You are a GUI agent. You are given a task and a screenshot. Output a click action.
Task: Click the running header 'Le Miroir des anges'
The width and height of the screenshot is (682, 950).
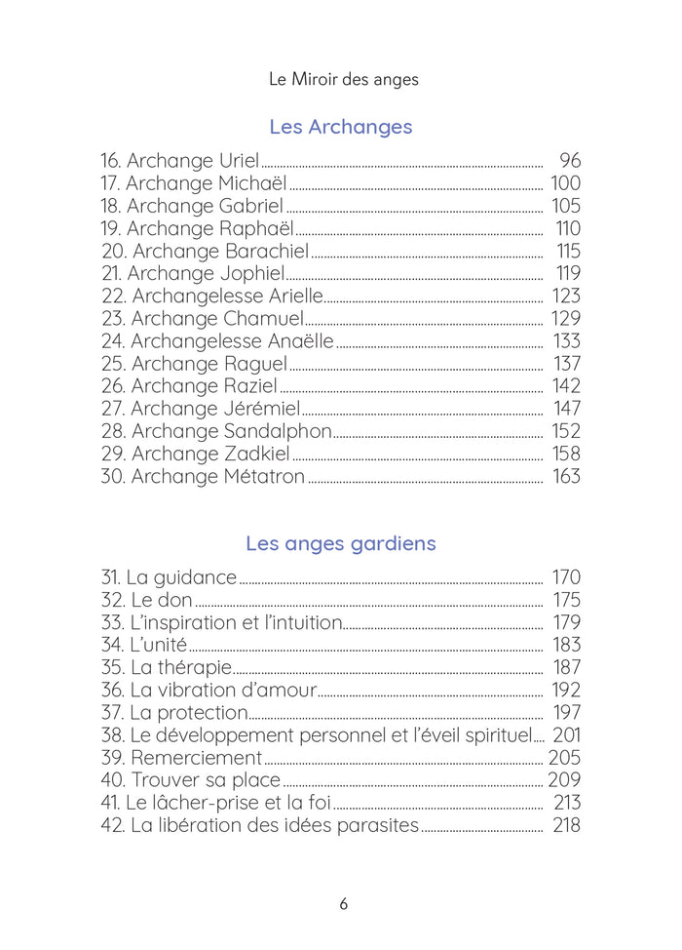click(343, 79)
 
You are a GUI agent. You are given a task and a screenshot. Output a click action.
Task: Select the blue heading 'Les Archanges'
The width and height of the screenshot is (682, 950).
click(340, 127)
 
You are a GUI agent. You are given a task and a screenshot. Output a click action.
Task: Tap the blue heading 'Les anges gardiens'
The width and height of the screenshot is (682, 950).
click(340, 543)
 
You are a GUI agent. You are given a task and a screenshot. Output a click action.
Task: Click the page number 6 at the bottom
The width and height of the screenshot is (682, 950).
click(343, 903)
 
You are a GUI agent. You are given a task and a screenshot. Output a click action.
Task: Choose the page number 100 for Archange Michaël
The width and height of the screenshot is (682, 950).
click(565, 183)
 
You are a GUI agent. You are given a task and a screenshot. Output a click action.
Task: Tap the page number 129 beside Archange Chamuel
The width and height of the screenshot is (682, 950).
click(565, 318)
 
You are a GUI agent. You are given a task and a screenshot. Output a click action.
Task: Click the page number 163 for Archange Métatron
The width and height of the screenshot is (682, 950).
click(565, 476)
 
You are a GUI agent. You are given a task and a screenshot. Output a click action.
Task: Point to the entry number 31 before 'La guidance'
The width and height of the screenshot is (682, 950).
click(110, 577)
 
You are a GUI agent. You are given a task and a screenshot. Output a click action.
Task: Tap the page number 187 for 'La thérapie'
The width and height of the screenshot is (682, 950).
click(566, 667)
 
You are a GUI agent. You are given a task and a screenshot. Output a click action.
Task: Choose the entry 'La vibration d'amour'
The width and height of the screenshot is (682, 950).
click(223, 690)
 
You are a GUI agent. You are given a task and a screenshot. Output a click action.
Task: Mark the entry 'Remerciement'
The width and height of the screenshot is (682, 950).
click(196, 758)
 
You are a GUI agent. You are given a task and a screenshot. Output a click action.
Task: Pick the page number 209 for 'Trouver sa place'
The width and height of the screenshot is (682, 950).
click(564, 780)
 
